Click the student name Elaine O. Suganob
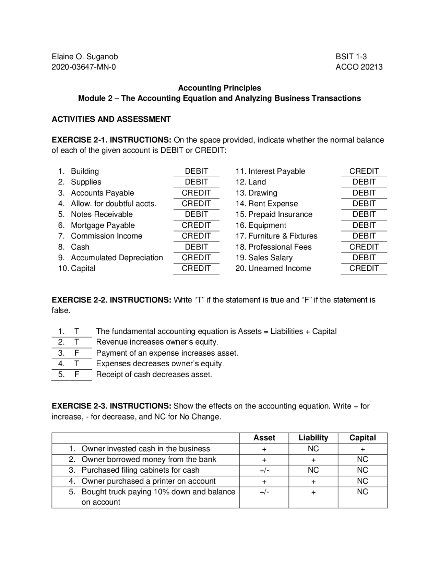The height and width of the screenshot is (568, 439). pos(85,57)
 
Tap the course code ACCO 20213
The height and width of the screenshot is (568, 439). pos(359,67)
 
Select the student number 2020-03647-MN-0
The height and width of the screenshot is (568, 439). pos(84,67)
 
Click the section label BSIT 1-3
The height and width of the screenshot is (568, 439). pos(351,57)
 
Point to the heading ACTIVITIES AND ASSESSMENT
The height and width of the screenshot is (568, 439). pos(111,119)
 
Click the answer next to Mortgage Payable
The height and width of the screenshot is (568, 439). pos(196,225)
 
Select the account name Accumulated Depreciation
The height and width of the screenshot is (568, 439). pos(117,258)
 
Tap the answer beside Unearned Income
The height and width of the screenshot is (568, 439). pos(364,268)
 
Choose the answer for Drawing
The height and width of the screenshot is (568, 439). pos(364,193)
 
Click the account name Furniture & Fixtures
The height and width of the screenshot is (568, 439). pos(283,236)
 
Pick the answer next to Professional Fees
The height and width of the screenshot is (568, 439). pos(364,247)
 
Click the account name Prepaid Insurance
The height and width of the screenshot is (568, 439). pos(280,214)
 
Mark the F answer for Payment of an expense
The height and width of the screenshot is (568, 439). pos(77,353)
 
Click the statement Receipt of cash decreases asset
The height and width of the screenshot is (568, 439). pos(154,374)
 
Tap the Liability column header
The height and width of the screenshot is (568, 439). pos(313,438)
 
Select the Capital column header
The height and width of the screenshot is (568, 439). pos(363,438)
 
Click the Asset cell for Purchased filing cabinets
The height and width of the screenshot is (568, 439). pos(264,470)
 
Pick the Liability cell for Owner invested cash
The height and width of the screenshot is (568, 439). pos(313,449)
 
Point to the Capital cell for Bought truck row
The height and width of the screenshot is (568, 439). pos(363,492)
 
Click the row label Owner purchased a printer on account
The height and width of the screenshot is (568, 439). pos(148,481)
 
